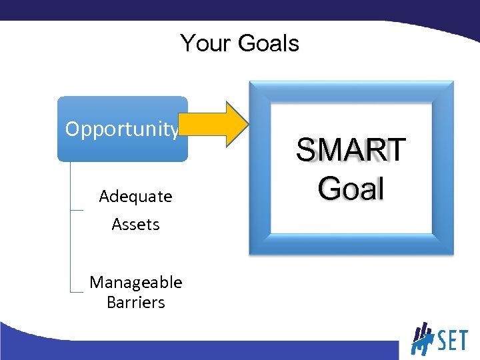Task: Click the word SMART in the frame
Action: tap(351, 150)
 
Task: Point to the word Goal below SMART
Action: tap(351, 188)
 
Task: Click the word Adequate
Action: tap(135, 197)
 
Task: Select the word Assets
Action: tap(135, 225)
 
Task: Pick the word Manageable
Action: tap(135, 282)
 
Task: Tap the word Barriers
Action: tap(135, 302)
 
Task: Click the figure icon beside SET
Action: tap(421, 339)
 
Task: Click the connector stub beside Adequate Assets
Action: tap(77, 211)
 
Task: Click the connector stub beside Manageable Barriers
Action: tap(77, 292)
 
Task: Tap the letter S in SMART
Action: tap(307, 150)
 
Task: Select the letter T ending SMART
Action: tap(394, 150)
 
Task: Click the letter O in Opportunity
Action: tap(72, 129)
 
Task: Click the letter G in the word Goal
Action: tap(329, 188)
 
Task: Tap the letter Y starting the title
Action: tap(188, 43)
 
